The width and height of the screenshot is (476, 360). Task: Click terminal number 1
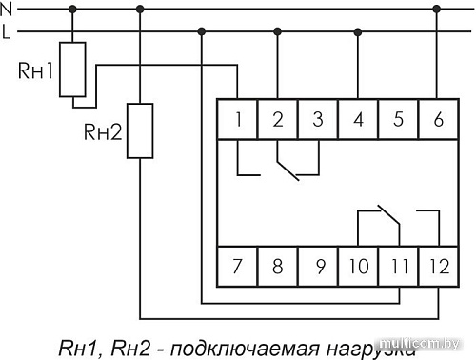pyautogui.click(x=238, y=120)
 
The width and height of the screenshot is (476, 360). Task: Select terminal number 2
pyautogui.click(x=278, y=120)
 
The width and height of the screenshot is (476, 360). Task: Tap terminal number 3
pyautogui.click(x=318, y=120)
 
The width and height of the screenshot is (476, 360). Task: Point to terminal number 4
pyautogui.click(x=358, y=120)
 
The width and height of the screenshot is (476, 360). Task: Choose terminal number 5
pyautogui.click(x=398, y=120)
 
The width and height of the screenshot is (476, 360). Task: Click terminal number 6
pyautogui.click(x=437, y=120)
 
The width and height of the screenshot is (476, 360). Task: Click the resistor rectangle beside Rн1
pyautogui.click(x=72, y=69)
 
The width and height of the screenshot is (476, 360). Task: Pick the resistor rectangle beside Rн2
pyautogui.click(x=140, y=130)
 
